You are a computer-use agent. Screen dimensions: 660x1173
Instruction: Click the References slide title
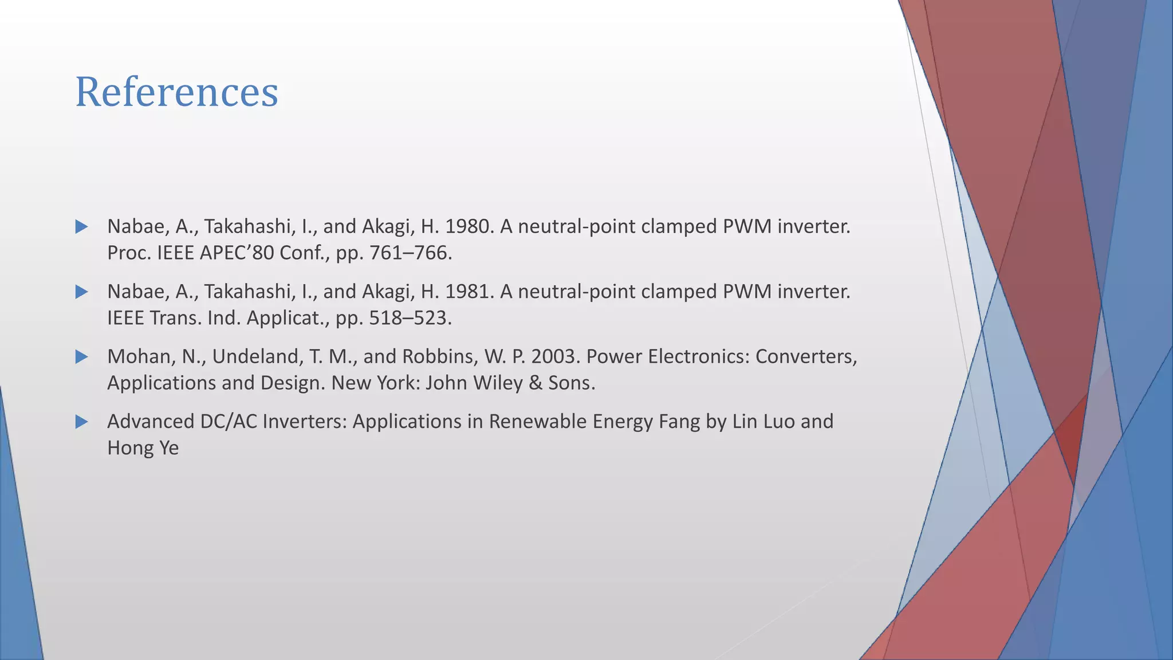coord(176,92)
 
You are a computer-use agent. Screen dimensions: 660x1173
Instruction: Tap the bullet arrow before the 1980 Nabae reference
coord(81,227)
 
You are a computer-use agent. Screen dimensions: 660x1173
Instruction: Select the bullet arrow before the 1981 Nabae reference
coord(81,292)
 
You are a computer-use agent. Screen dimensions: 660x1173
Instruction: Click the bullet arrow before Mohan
coord(81,357)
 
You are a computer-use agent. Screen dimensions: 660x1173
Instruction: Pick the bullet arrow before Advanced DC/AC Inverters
coord(81,422)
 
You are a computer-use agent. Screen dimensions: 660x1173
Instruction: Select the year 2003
coord(553,357)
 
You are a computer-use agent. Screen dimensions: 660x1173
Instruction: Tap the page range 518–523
coord(410,318)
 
